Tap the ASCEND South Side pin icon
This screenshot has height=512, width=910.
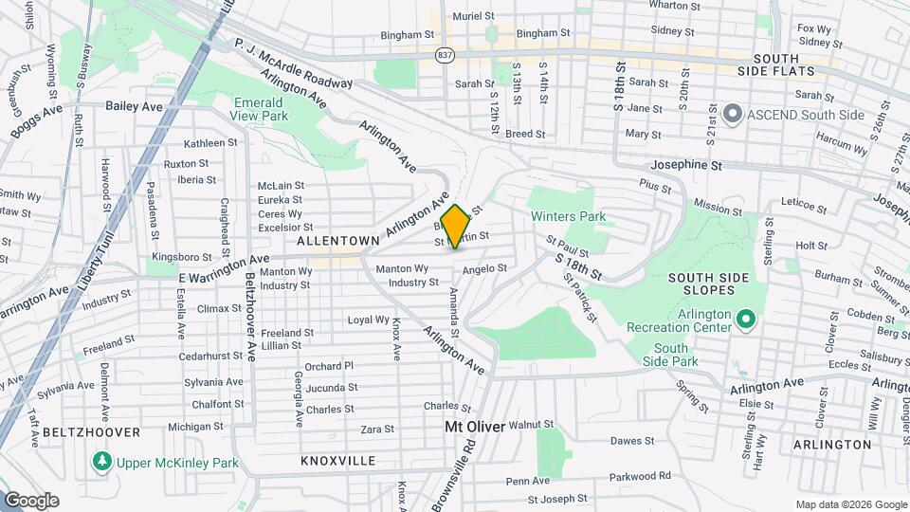pyautogui.click(x=732, y=115)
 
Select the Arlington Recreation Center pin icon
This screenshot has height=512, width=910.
pyautogui.click(x=745, y=320)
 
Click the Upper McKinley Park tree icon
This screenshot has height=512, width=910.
pyautogui.click(x=102, y=463)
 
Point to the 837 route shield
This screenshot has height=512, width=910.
pyautogui.click(x=444, y=56)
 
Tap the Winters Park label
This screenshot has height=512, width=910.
pyautogui.click(x=568, y=217)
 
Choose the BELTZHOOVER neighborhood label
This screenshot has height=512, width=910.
pyautogui.click(x=91, y=431)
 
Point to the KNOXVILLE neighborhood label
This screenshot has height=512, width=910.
pyautogui.click(x=338, y=461)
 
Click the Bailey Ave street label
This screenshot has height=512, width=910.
pyautogui.click(x=135, y=106)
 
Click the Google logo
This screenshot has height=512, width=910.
pyautogui.click(x=31, y=501)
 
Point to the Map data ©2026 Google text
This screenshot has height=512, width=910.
pyautogui.click(x=850, y=504)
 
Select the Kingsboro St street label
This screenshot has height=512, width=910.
pyautogui.click(x=182, y=257)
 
